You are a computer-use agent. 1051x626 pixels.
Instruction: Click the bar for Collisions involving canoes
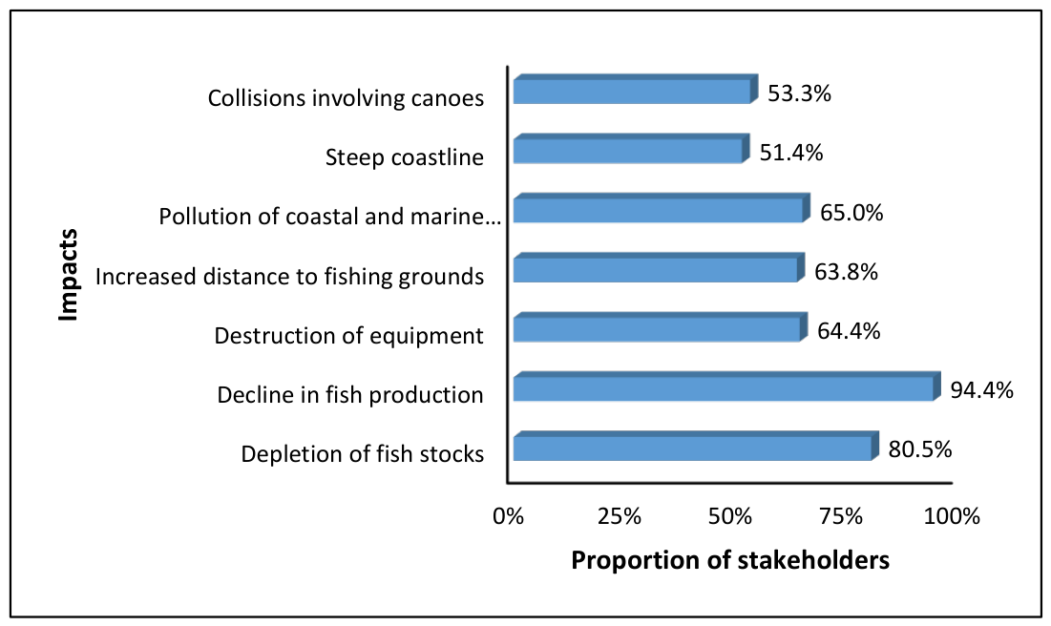636,89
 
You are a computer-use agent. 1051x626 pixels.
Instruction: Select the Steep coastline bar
631,149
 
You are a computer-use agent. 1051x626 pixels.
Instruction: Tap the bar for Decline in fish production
727,386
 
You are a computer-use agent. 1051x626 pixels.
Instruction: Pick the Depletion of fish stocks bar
696,446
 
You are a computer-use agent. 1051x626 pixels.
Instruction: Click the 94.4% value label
982,390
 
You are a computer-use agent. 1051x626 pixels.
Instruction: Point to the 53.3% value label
799,94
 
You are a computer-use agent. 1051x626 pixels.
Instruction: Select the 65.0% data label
851,213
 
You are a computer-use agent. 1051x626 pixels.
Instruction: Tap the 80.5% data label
920,449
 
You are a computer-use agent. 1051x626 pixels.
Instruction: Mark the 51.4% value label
791,153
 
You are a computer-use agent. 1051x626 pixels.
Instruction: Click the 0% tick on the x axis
508,516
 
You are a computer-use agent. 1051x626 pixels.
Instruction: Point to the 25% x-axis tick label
619,516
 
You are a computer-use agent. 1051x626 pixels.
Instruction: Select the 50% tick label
730,516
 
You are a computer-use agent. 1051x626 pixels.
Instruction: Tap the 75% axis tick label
841,516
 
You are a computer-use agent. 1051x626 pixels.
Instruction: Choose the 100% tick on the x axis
952,516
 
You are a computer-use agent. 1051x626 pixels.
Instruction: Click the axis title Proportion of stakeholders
730,559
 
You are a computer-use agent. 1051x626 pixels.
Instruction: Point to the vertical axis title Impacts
69,276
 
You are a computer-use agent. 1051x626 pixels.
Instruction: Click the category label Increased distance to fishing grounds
289,276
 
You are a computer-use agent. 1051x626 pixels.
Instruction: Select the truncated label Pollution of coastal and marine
329,217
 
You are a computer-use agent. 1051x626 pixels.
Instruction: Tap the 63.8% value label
846,271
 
